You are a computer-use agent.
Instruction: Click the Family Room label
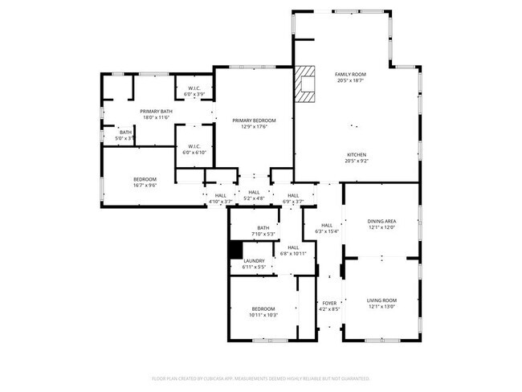pos(349,74)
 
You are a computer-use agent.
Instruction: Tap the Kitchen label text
pos(357,154)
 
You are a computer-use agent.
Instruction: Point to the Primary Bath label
pos(156,111)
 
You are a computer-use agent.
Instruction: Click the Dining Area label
pos(381,221)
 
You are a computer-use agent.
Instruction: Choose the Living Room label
pos(381,300)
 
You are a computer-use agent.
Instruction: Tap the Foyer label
pos(329,303)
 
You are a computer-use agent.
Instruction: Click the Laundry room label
pos(255,260)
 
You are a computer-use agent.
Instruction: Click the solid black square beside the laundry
pos(236,251)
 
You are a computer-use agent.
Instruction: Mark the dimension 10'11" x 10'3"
pos(263,315)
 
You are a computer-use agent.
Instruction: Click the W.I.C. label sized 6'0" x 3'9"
pos(194,94)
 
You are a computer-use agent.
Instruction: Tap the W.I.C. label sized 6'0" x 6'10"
pos(194,152)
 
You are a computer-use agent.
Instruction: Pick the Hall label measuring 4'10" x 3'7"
pos(220,201)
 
